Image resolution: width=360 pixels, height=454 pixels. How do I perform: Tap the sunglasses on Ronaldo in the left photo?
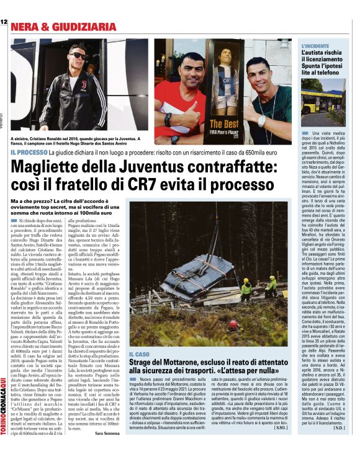[77, 55]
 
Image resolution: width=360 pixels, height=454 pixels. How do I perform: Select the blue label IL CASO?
[141, 354]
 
